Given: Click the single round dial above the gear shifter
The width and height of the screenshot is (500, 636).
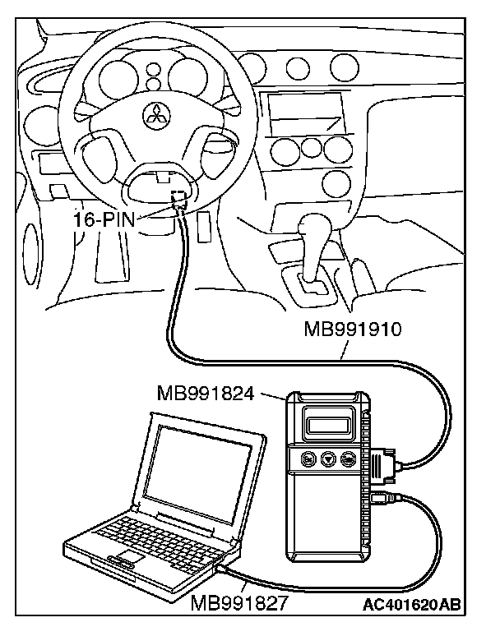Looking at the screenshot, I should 336,180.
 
